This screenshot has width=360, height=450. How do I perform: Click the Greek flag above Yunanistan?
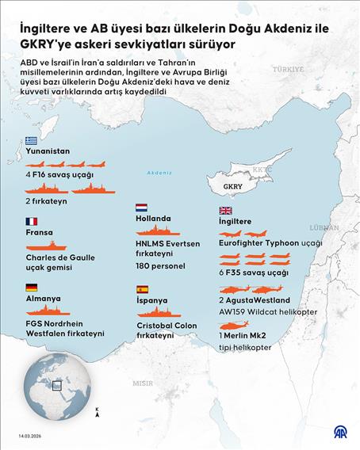click(x=31, y=140)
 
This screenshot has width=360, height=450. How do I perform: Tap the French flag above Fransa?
click(x=31, y=222)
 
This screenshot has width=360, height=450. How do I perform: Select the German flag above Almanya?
click(x=31, y=288)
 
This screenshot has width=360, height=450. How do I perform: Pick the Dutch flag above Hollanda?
click(x=142, y=208)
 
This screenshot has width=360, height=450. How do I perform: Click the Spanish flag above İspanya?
click(x=142, y=290)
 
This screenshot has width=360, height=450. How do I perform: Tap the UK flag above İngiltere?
click(x=225, y=211)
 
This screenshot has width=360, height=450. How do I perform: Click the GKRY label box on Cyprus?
click(x=233, y=187)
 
